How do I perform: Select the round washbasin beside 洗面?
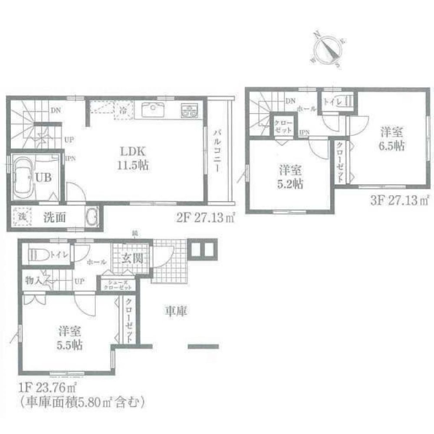tap(92, 216)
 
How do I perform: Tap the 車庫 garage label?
tap(176, 310)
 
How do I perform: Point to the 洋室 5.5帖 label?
tap(69, 339)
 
